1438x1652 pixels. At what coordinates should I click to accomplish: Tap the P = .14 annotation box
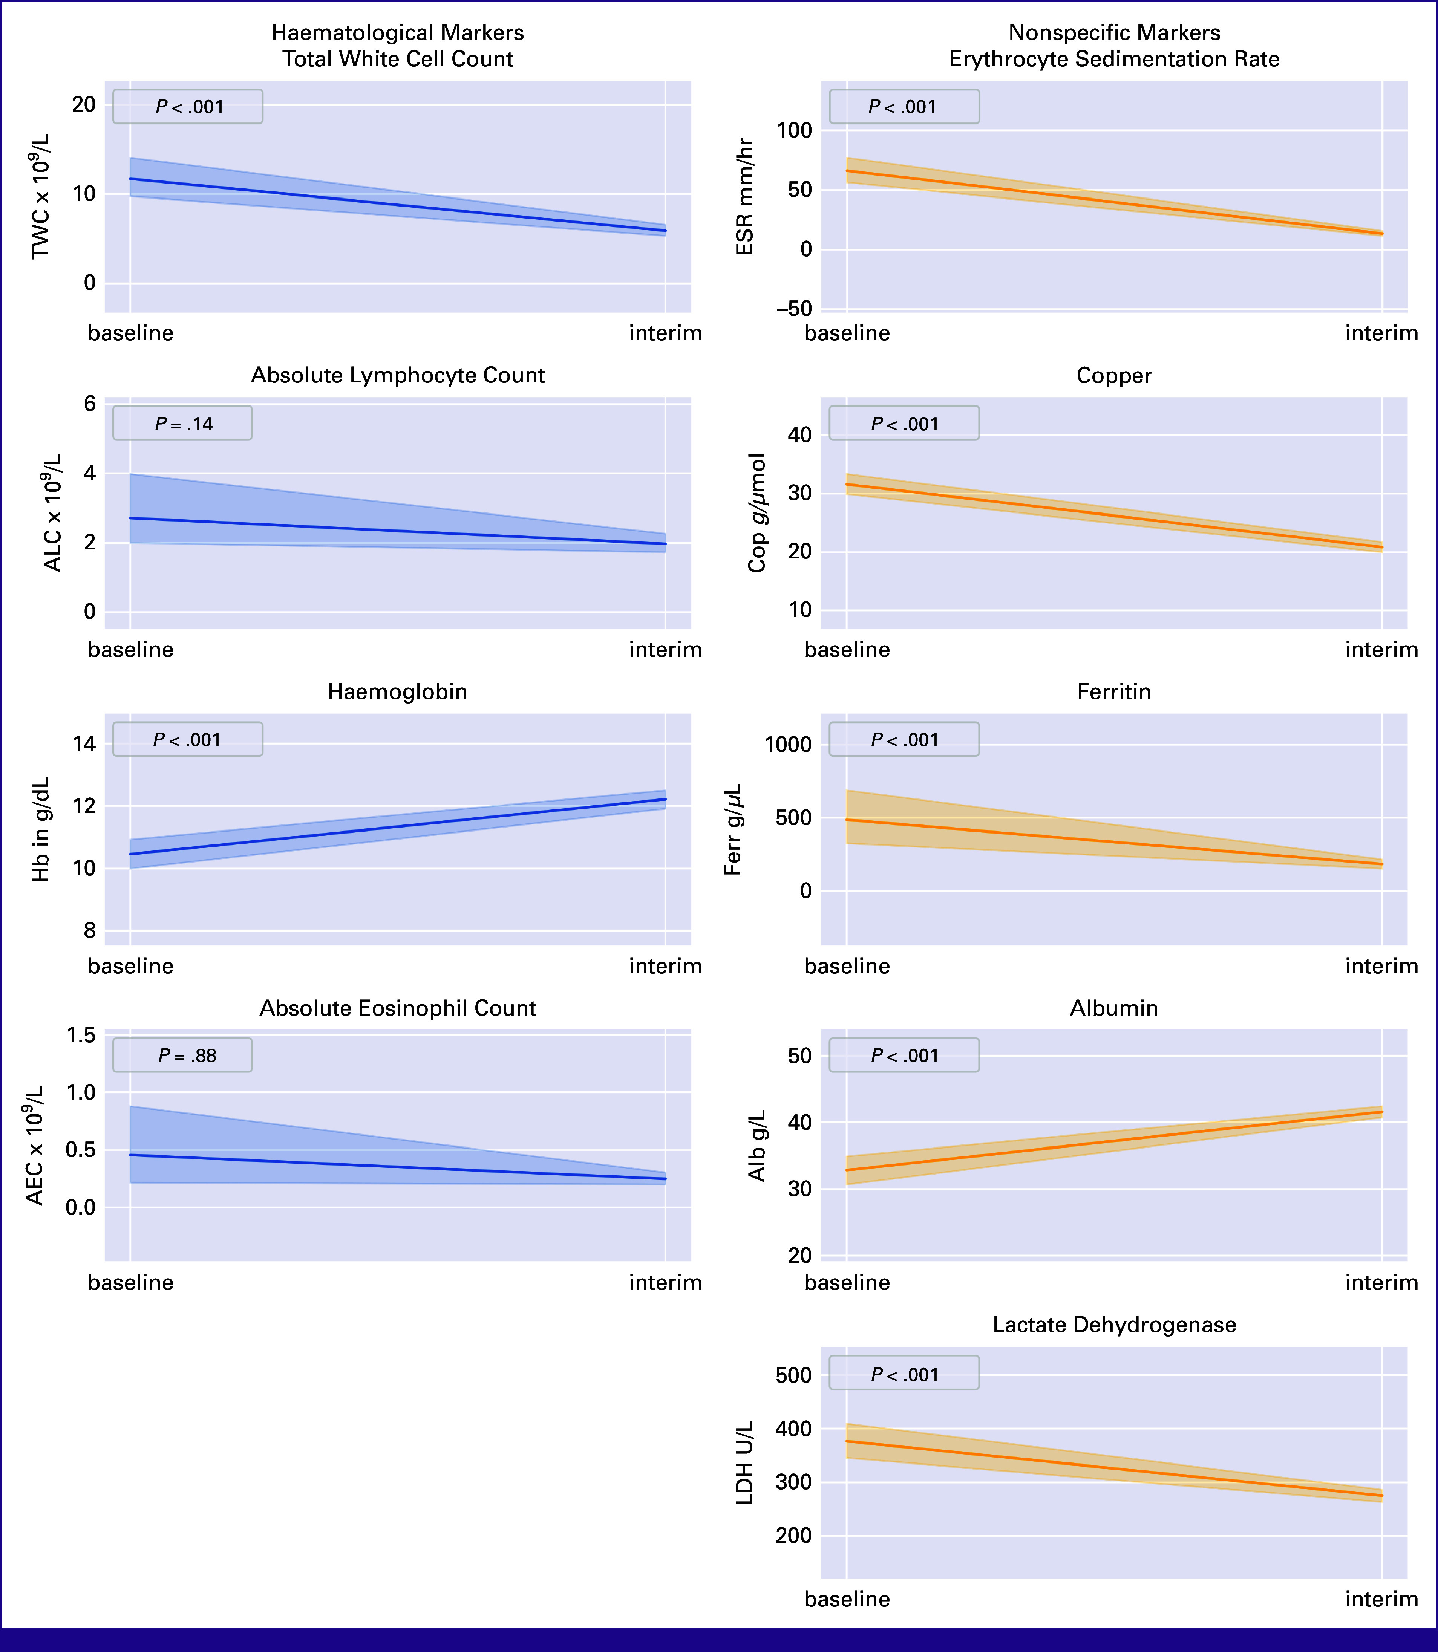[182, 423]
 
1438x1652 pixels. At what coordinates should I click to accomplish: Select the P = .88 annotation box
[182, 1055]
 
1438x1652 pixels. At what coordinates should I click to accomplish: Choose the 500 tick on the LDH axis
[795, 1375]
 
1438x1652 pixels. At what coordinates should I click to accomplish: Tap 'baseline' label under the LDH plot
[847, 1599]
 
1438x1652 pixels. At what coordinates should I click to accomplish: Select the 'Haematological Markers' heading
[398, 33]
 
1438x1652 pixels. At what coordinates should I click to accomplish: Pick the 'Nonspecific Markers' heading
[1115, 33]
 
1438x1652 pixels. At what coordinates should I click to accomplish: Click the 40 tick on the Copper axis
[800, 435]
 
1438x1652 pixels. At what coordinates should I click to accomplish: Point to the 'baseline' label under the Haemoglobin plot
[131, 966]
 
